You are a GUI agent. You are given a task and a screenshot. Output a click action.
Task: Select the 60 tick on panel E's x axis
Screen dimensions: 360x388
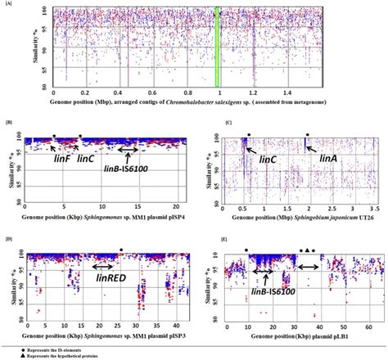tap(364, 327)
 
